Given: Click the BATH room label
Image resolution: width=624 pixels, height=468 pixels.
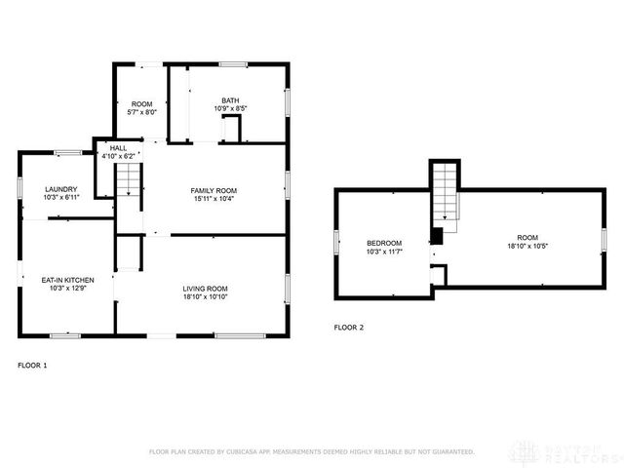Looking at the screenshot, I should point(230,99).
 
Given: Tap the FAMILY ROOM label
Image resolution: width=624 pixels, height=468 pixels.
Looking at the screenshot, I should point(214,190).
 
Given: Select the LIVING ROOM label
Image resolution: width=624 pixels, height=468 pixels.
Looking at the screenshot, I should point(205,289).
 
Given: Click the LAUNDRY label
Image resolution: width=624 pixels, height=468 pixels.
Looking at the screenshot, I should point(60,189).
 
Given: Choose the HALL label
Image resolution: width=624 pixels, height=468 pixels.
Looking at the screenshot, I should point(118,147).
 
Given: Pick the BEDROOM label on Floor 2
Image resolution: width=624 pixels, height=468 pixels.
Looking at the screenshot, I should point(384,243).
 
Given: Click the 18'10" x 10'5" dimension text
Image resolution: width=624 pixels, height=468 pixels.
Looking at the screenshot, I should point(527,246).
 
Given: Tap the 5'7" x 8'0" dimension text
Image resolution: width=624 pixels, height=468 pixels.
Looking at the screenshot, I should point(143,112).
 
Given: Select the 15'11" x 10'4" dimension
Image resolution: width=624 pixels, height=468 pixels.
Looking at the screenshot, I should point(214,199).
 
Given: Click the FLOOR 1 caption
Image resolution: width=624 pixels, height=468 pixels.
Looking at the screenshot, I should point(32,366).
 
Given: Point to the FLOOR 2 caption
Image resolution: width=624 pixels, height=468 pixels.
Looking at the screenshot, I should point(348,328).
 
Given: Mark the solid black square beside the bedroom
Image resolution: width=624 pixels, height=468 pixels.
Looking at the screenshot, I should point(437,235).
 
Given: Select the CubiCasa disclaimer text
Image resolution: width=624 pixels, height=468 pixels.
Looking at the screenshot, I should point(311,452).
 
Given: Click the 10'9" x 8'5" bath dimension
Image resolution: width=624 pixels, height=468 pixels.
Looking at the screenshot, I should point(230,108).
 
